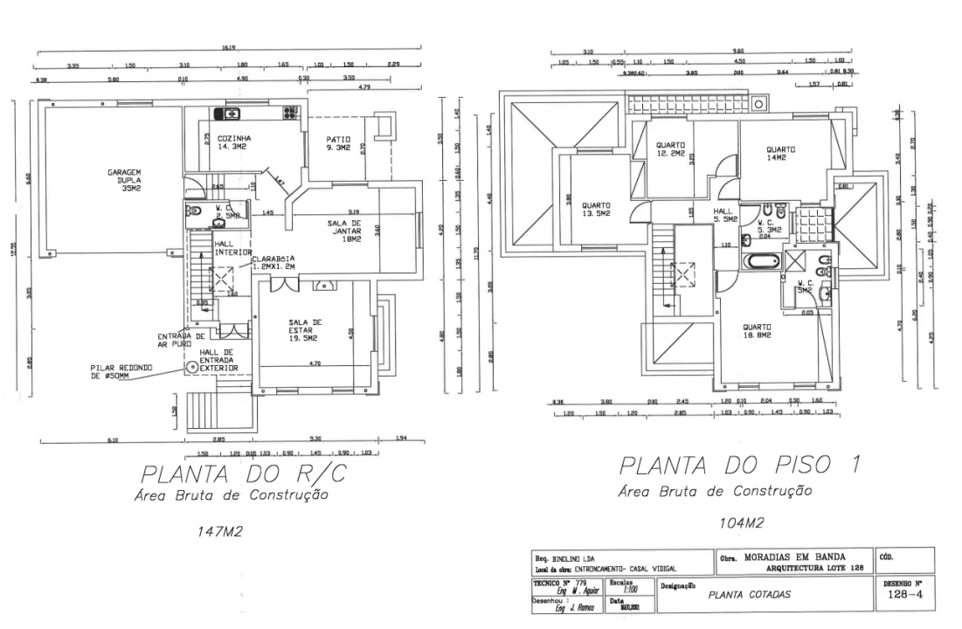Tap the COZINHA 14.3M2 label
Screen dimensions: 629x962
pyautogui.click(x=235, y=142)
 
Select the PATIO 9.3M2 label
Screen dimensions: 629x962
pyautogui.click(x=339, y=143)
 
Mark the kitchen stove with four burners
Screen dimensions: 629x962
pyautogui.click(x=289, y=113)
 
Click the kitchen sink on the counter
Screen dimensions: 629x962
pyautogui.click(x=231, y=113)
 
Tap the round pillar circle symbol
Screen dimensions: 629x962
pyautogui.click(x=190, y=368)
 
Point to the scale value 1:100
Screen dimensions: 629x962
pyautogui.click(x=625, y=590)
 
